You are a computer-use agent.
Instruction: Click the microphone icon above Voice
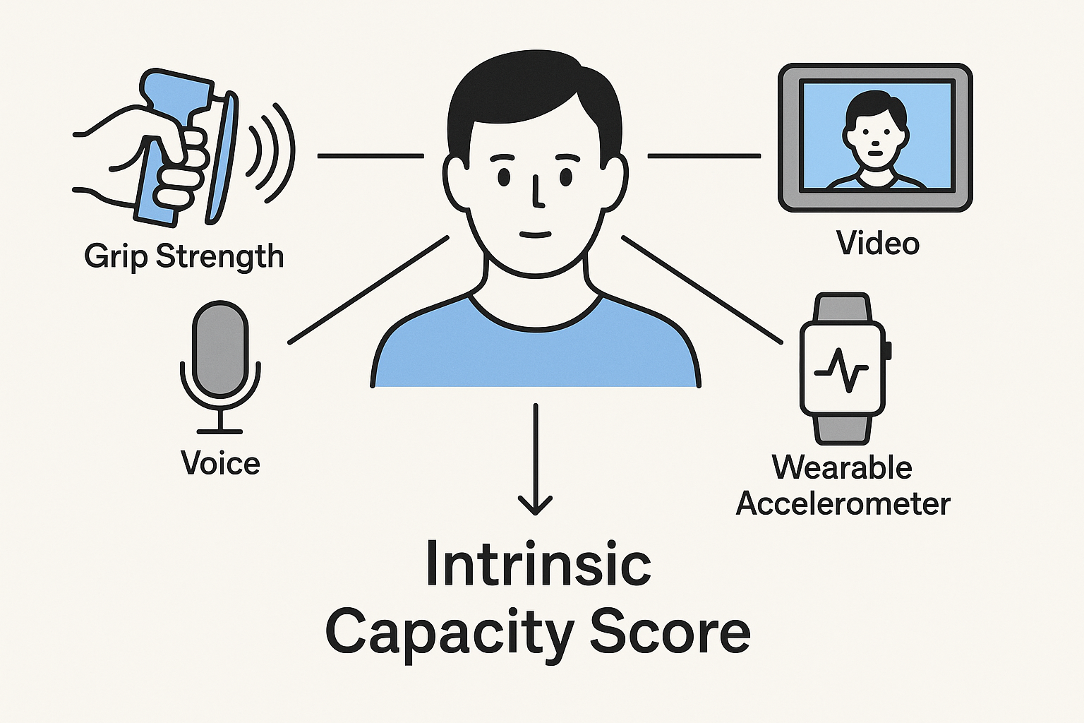[220, 349]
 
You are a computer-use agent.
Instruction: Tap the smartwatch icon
[843, 369]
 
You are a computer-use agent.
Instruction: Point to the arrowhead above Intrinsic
[535, 504]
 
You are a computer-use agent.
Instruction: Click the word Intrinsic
[538, 565]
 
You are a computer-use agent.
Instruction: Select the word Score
[669, 633]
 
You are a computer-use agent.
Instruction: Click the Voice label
[220, 463]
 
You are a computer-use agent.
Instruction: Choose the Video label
[878, 244]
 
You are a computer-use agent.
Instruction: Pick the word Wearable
[842, 467]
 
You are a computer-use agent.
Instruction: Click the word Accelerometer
[843, 504]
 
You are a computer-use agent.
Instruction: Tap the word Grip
[116, 256]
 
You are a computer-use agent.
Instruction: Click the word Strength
[219, 256]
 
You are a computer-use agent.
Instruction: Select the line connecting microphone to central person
[368, 290]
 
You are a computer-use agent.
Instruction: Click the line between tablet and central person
[704, 156]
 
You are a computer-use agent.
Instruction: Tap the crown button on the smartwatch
[887, 349]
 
